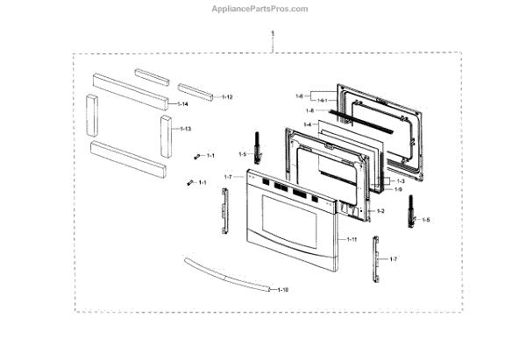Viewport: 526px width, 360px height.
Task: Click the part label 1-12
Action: click(226, 95)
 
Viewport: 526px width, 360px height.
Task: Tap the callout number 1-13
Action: click(186, 129)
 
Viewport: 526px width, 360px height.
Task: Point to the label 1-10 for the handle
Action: click(282, 289)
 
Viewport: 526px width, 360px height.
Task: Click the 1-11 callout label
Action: click(352, 238)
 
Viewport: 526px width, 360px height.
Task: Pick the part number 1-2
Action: click(380, 212)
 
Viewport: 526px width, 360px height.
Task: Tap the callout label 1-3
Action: click(398, 180)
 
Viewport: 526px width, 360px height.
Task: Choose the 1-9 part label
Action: click(398, 190)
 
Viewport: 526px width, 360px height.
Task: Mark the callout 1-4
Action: click(306, 125)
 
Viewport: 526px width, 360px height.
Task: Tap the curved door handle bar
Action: click(226, 276)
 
